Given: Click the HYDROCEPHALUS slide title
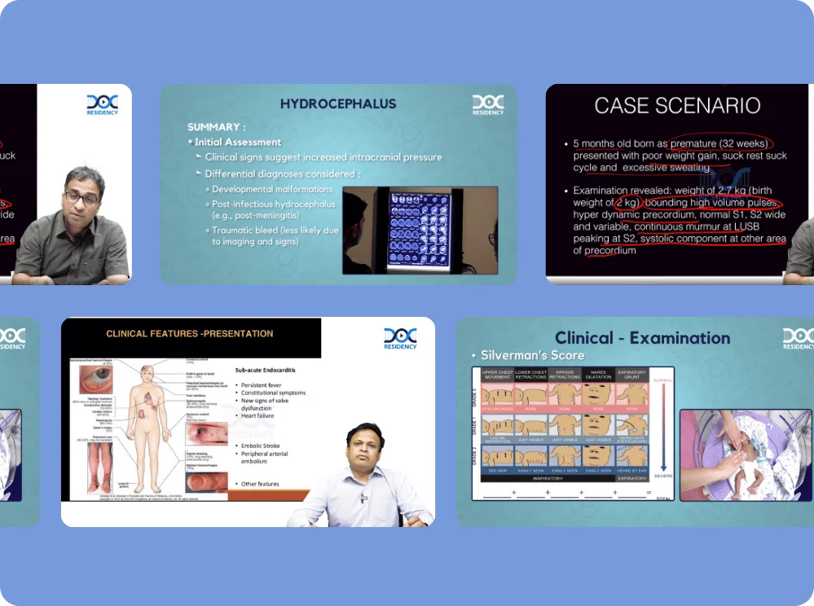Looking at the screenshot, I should coord(338,103).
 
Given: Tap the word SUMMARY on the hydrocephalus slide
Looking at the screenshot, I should coord(213,127).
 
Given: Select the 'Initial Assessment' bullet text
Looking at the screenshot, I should coord(237,142).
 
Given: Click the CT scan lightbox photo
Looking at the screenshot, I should coord(420,231).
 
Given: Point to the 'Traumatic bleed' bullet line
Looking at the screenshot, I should coord(275,231).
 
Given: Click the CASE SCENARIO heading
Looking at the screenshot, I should coord(677,105).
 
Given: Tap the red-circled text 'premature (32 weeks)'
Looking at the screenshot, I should coord(719,143).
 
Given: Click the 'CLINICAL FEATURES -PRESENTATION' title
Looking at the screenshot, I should coord(189,334).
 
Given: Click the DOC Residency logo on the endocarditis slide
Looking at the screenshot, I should coord(399,337).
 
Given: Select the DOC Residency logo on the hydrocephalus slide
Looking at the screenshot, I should coord(487,105).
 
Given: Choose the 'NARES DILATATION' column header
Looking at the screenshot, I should coord(598,375).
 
